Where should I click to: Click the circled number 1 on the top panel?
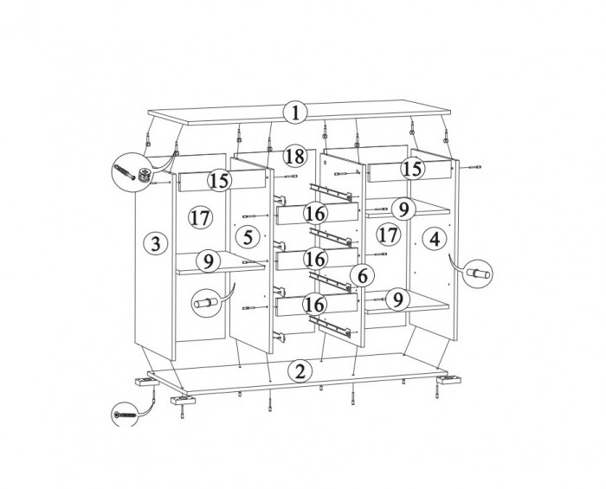pyautogui.click(x=295, y=113)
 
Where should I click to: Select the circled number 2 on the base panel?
pyautogui.click(x=300, y=371)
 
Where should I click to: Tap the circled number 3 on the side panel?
pyautogui.click(x=155, y=244)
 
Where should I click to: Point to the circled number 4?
pyautogui.click(x=435, y=240)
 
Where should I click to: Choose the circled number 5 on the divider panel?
pyautogui.click(x=248, y=237)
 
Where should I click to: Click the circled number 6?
pyautogui.click(x=362, y=276)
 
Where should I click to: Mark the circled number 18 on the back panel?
pyautogui.click(x=295, y=157)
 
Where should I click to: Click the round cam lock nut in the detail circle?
pyautogui.click(x=144, y=174)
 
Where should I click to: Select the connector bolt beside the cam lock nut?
pyautogui.click(x=125, y=171)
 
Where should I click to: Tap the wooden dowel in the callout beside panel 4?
pyautogui.click(x=478, y=273)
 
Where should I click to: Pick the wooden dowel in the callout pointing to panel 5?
pyautogui.click(x=206, y=302)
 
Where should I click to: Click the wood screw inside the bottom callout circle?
pyautogui.click(x=126, y=415)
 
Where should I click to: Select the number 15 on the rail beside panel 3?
pyautogui.click(x=220, y=181)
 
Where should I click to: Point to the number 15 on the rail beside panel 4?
pyautogui.click(x=413, y=169)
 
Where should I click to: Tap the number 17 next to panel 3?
pyautogui.click(x=200, y=218)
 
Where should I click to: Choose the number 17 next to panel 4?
pyautogui.click(x=388, y=235)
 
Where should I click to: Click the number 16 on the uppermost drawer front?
pyautogui.click(x=315, y=213)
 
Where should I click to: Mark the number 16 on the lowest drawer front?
pyautogui.click(x=314, y=305)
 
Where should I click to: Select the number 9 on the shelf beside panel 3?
pyautogui.click(x=209, y=261)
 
